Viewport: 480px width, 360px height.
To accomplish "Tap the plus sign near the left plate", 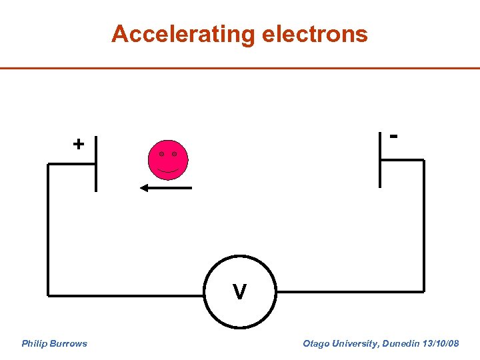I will pyautogui.click(x=79, y=143).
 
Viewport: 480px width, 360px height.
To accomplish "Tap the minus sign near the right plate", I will pyautogui.click(x=395, y=135).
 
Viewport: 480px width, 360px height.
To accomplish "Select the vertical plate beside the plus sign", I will pyautogui.click(x=96, y=163).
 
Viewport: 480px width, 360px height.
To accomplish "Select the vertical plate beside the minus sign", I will pyautogui.click(x=380, y=159).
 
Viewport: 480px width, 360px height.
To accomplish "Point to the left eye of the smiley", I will pyautogui.click(x=161, y=154).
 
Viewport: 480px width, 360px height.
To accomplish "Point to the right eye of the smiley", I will pyautogui.click(x=175, y=154).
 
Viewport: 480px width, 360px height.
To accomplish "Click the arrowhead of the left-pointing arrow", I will pyautogui.click(x=143, y=189).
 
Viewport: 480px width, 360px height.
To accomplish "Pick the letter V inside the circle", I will pyautogui.click(x=239, y=292).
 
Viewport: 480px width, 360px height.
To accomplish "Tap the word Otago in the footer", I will pyautogui.click(x=315, y=344).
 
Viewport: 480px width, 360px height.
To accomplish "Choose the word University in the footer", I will pyautogui.click(x=354, y=344).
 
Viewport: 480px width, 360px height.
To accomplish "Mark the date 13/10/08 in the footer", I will pyautogui.click(x=441, y=344).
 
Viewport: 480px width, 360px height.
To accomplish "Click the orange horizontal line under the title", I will pyautogui.click(x=240, y=68).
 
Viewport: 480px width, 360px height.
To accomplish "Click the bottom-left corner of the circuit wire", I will pyautogui.click(x=49, y=293).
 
